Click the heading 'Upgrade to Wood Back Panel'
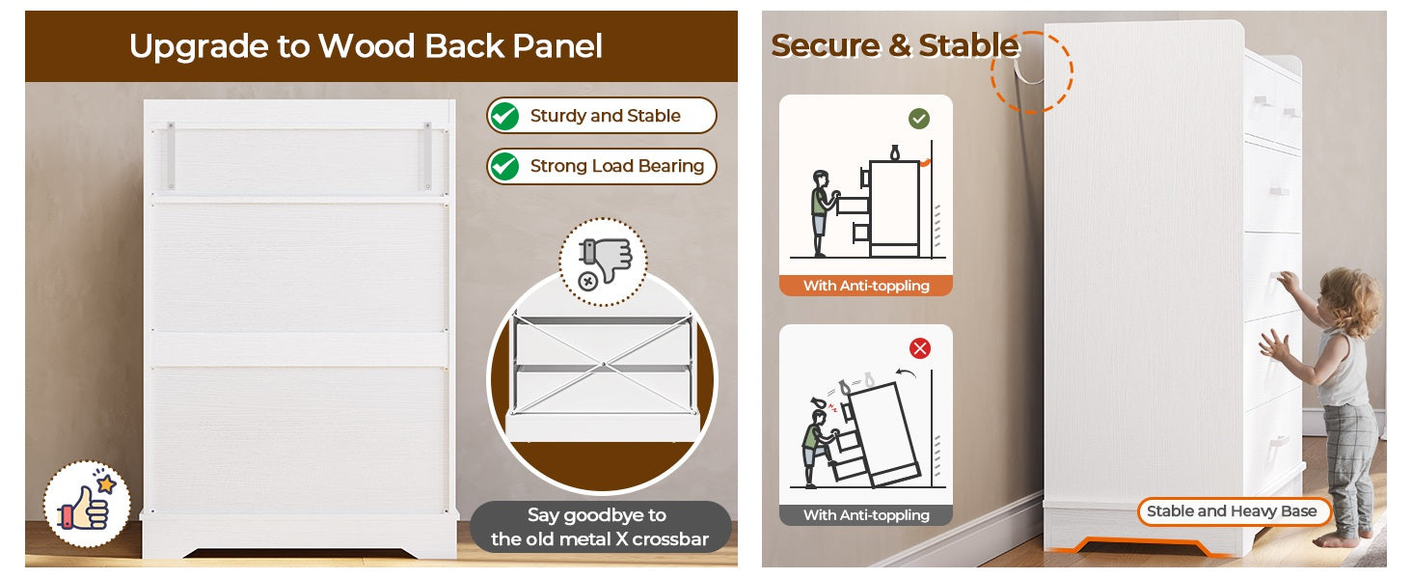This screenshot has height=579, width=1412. [x=366, y=46]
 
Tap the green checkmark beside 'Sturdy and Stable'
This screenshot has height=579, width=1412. [x=504, y=116]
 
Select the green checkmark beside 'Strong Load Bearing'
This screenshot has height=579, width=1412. [x=504, y=167]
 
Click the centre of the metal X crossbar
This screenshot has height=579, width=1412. [x=603, y=365]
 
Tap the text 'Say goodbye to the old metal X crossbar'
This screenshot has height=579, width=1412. [x=600, y=527]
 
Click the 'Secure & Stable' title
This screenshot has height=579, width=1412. [x=895, y=45]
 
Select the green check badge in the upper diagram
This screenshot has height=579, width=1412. [x=919, y=119]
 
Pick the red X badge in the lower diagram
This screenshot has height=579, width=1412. [x=920, y=348]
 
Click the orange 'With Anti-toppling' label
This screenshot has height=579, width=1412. [x=866, y=286]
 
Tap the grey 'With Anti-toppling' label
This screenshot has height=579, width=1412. [x=866, y=515]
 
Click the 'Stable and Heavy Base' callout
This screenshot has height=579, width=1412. [x=1233, y=511]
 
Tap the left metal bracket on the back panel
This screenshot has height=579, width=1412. [x=171, y=155]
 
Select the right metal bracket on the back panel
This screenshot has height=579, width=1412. [x=427, y=155]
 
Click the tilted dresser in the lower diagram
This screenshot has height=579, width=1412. [x=880, y=435]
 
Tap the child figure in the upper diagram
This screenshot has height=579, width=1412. [x=822, y=213]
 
